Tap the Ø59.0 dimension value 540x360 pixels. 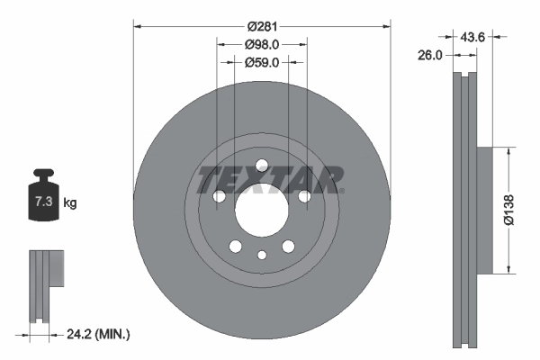262,62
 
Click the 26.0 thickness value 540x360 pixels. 431,55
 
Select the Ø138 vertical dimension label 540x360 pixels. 509,209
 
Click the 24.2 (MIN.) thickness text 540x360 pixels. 100,334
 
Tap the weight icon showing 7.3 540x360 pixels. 40,199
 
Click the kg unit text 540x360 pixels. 70,203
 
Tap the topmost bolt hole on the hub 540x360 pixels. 261,166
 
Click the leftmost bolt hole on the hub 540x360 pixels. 218,197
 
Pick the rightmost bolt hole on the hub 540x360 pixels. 304,197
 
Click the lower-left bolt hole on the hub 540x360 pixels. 235,247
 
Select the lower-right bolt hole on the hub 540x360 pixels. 288,247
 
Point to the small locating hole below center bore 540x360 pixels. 261,256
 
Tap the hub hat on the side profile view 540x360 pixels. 484,209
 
